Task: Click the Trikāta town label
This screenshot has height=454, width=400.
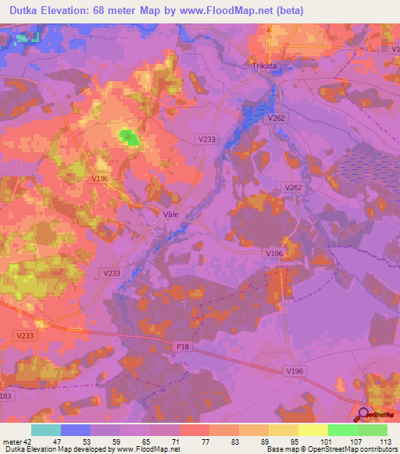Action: click(x=264, y=66)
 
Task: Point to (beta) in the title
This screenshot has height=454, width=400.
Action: click(x=287, y=11)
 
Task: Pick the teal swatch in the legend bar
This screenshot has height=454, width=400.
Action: click(x=46, y=430)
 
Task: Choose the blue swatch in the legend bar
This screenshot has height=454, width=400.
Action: click(x=76, y=430)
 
